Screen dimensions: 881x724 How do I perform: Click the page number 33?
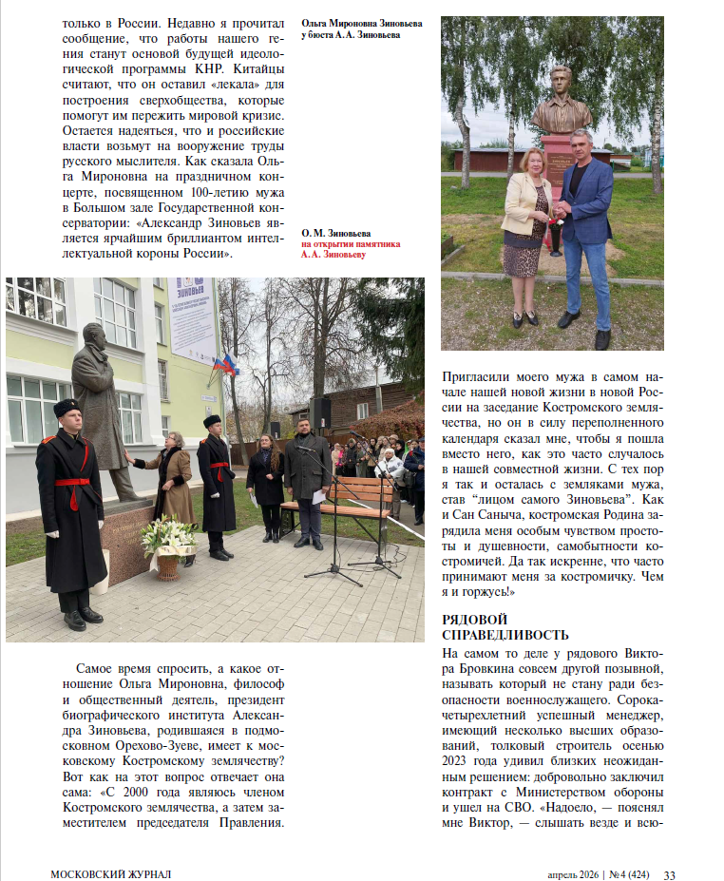pos(669,874)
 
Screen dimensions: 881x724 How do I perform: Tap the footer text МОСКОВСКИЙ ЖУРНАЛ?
pos(111,874)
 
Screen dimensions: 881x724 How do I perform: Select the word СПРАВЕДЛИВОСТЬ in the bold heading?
pos(505,635)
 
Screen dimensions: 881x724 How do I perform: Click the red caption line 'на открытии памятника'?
pos(351,243)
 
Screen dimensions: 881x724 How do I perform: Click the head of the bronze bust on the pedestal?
pos(562,83)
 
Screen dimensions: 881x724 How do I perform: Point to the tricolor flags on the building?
pos(225,364)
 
